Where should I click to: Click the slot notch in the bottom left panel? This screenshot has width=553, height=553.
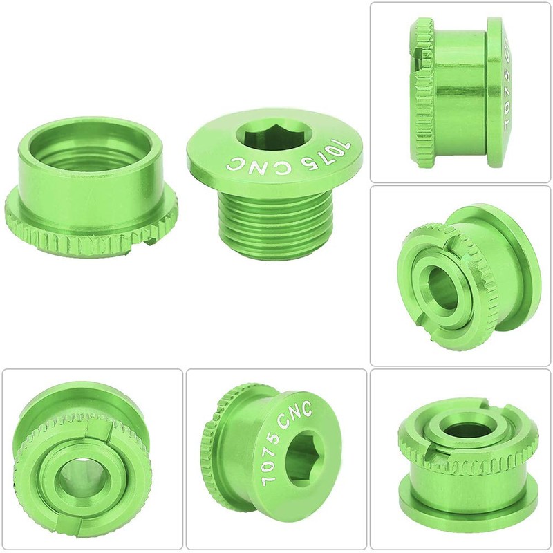click(x=89, y=432)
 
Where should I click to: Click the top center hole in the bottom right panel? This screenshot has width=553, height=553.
click(x=461, y=429)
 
